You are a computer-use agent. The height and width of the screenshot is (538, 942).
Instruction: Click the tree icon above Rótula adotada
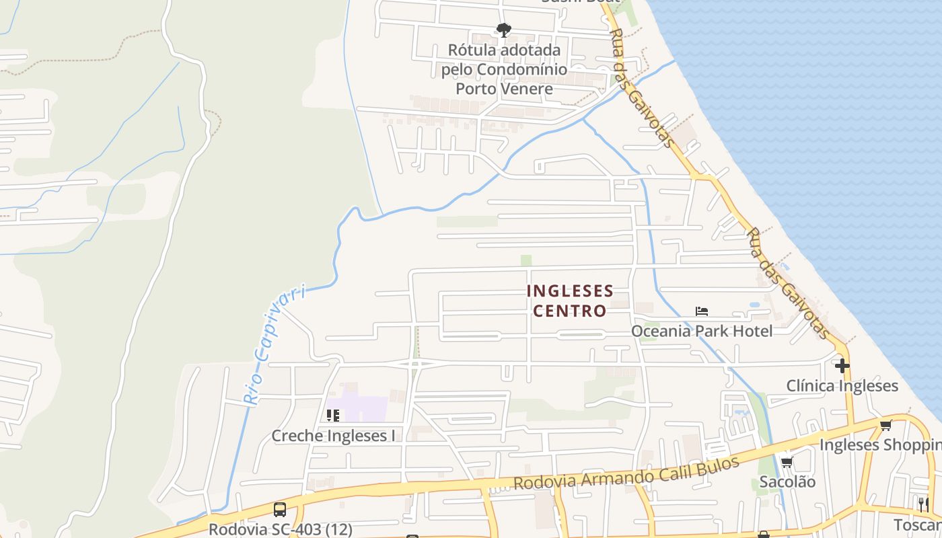[x=503, y=30]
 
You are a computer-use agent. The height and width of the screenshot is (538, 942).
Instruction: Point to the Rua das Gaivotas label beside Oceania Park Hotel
[x=787, y=283]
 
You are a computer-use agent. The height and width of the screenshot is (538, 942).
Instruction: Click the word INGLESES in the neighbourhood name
[x=570, y=291]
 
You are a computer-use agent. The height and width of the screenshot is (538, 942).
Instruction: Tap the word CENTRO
[x=570, y=311]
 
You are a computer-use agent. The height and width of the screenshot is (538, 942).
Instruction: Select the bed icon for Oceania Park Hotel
[x=702, y=311]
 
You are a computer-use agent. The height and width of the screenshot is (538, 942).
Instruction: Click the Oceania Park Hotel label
[x=702, y=331]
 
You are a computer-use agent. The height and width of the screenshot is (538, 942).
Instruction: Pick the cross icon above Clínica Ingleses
[x=842, y=366]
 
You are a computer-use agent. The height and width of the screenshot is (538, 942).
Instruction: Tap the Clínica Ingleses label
[x=842, y=386]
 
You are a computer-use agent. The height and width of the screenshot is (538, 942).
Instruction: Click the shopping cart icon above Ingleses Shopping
[x=885, y=425]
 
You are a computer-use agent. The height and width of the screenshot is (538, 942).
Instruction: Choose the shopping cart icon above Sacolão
[x=787, y=462]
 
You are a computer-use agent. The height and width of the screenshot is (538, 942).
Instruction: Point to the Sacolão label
[x=787, y=482]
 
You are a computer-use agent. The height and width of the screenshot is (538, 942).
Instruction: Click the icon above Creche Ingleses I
[x=332, y=416]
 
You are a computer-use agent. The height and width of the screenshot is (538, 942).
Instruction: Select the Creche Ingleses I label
[x=333, y=436]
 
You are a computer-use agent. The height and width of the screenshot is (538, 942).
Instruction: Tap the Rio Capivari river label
[x=274, y=345]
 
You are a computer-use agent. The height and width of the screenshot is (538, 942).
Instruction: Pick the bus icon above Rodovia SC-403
[x=279, y=510]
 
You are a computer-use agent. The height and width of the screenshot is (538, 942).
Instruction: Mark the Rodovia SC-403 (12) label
[x=280, y=529]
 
